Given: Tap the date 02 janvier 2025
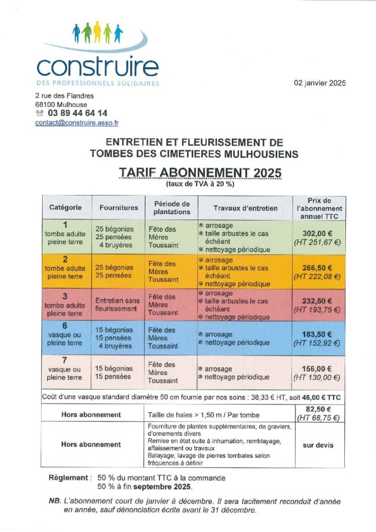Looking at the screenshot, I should coord(319,83).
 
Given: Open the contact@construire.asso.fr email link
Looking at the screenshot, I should coord(76,123).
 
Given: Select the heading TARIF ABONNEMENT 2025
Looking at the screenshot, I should coord(200,173).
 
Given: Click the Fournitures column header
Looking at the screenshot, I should coord(119,207).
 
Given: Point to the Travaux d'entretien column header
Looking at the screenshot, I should coord(245,207).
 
